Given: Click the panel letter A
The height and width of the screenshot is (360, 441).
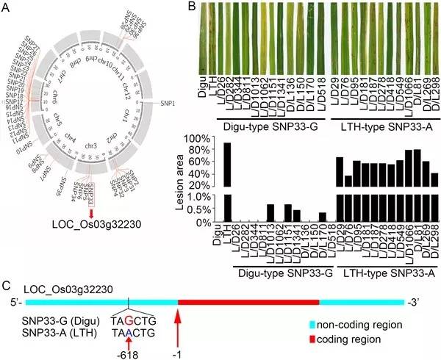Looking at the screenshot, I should click(7, 8).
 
